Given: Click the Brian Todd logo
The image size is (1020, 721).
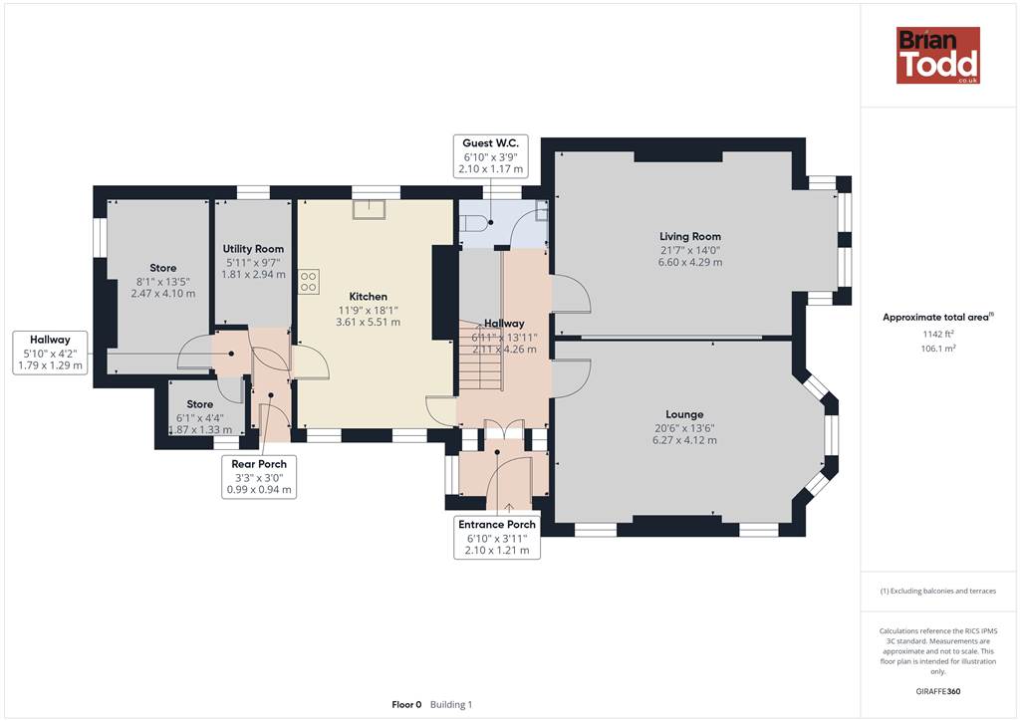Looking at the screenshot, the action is [x=938, y=55].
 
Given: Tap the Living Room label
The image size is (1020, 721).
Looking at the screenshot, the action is [x=690, y=237].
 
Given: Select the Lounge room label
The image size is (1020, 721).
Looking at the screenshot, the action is [x=684, y=414].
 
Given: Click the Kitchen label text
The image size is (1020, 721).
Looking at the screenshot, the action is [x=369, y=297].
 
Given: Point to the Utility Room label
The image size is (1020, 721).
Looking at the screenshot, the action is [x=253, y=248].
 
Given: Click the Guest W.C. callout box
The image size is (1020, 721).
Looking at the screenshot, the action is [x=490, y=156].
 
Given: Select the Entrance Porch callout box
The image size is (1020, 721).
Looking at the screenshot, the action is [x=497, y=537].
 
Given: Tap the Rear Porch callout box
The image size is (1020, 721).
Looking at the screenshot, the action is [x=259, y=477].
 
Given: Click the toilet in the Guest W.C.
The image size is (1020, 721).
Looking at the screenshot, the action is [x=473, y=222].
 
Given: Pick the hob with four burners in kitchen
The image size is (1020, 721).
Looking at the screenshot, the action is [x=309, y=282].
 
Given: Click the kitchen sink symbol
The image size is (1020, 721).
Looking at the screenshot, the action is [x=369, y=209].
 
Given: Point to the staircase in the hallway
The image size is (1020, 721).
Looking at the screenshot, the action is [x=481, y=356].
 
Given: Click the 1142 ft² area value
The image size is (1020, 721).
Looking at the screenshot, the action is [x=938, y=335].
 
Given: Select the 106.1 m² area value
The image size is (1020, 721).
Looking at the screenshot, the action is [x=938, y=349].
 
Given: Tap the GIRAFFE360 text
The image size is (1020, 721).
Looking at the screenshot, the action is [x=938, y=691].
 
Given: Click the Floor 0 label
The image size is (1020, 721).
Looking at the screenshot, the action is [x=406, y=705].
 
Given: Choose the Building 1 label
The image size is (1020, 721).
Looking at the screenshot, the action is [x=451, y=705].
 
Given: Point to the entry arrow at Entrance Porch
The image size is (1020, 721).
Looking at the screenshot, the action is [x=509, y=508].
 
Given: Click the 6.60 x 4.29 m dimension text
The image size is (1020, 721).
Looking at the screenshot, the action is [x=690, y=263].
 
